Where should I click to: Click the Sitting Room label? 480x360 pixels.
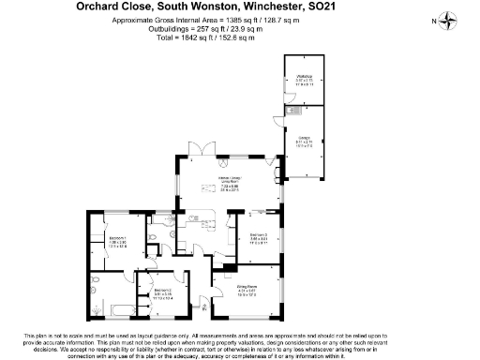[x=246, y=290]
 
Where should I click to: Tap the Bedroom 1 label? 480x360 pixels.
[x=117, y=242]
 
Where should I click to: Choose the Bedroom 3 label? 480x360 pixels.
[x=259, y=238]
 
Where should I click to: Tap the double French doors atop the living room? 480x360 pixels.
[x=198, y=149]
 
